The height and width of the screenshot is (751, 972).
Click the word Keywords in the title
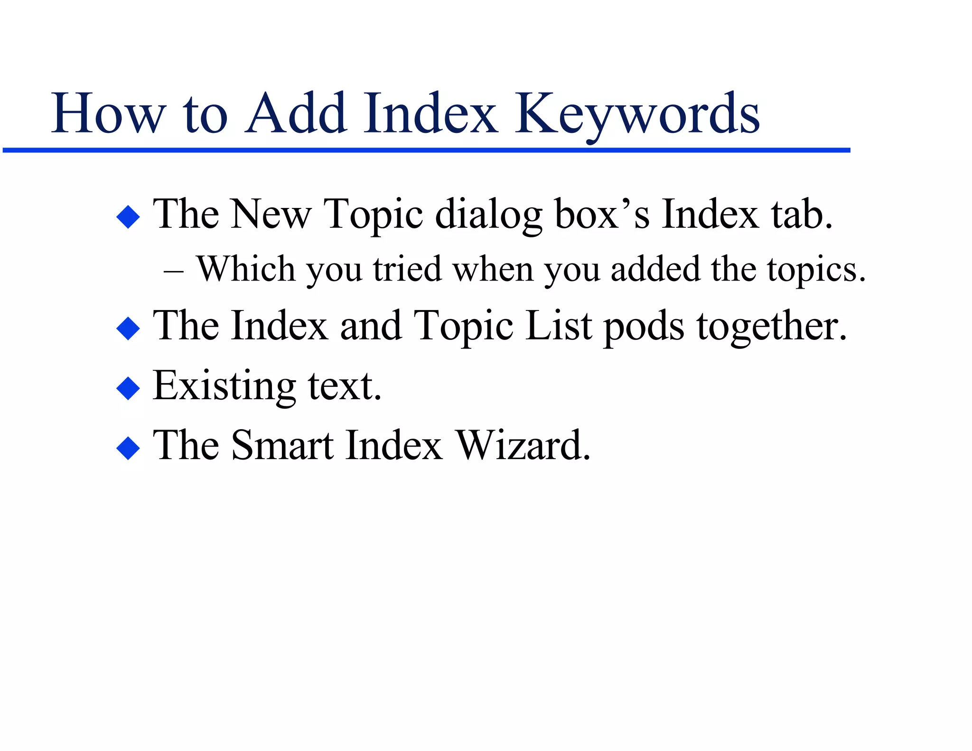click(637, 115)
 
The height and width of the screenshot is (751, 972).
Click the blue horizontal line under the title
click(426, 150)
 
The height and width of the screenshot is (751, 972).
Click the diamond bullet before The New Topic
click(128, 217)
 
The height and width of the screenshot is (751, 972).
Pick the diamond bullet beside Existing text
click(128, 388)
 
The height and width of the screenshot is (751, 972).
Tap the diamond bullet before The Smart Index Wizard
click(128, 448)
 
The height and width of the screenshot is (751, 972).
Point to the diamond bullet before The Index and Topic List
click(128, 328)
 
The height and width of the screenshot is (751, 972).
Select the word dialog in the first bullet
click(488, 216)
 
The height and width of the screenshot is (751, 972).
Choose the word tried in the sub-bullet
click(407, 269)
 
